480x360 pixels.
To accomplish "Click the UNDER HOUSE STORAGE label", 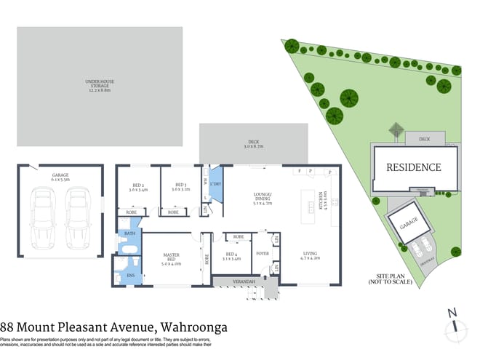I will [99, 84].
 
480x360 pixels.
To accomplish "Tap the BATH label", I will [129, 234].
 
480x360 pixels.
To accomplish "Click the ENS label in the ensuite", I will [130, 276].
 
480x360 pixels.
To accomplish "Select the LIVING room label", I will [310, 256].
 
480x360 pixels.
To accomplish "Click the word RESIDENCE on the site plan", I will [412, 167].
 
